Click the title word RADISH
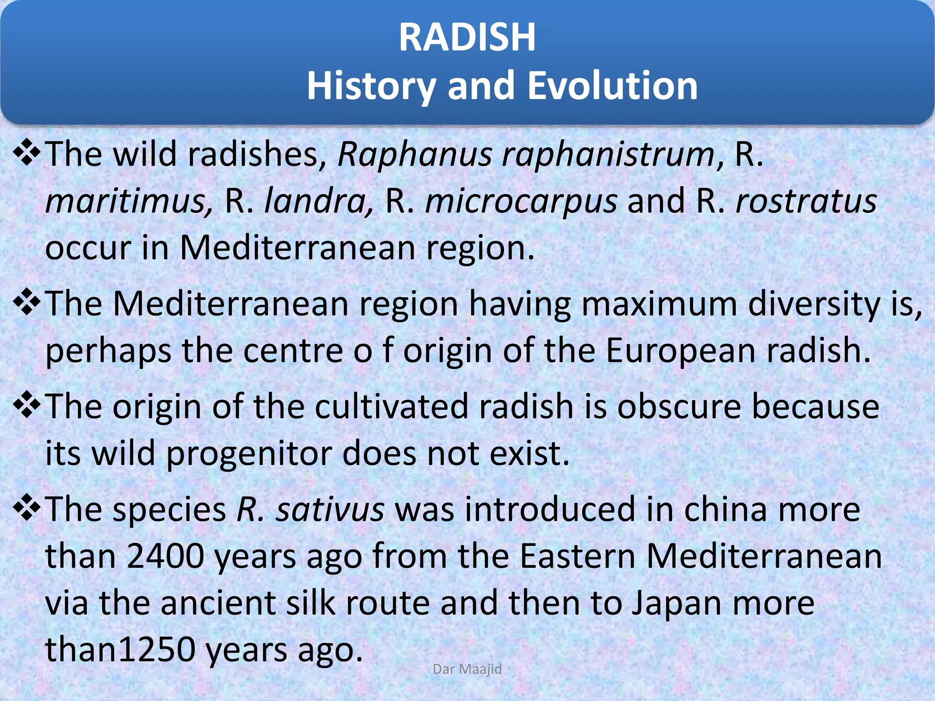pos(467,37)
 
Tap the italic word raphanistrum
pos(609,154)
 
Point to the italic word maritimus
pos(129,201)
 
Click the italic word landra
pos(319,201)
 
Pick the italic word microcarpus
pos(521,201)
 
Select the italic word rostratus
pos(806,201)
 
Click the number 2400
pos(165,556)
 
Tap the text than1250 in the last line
pos(120,650)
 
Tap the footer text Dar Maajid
pos(467,669)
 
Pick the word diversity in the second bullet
pos(814,304)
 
